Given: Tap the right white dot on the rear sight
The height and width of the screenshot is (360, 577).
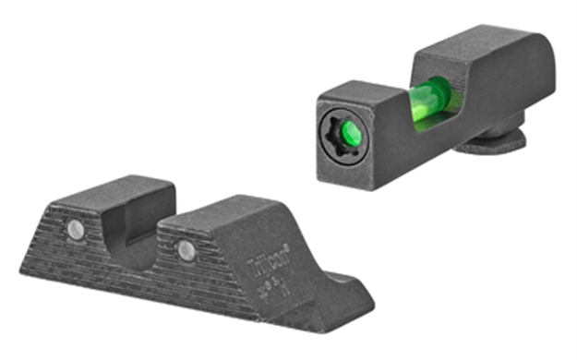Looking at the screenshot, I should (186, 249).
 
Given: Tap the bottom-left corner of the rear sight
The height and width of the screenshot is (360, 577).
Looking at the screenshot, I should (22, 269).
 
